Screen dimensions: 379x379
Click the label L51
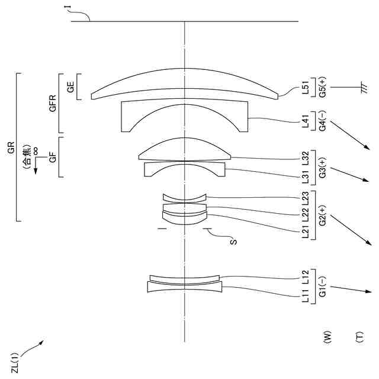coord(305,87)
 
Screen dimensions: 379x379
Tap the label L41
coord(305,123)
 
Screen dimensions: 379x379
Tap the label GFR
coord(53,104)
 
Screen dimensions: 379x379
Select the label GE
coord(71,88)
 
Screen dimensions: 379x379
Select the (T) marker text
coord(359,337)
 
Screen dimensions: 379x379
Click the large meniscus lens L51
coord(185,86)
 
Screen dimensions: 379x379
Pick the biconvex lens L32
coord(185,151)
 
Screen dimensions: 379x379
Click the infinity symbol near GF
coord(36,151)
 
